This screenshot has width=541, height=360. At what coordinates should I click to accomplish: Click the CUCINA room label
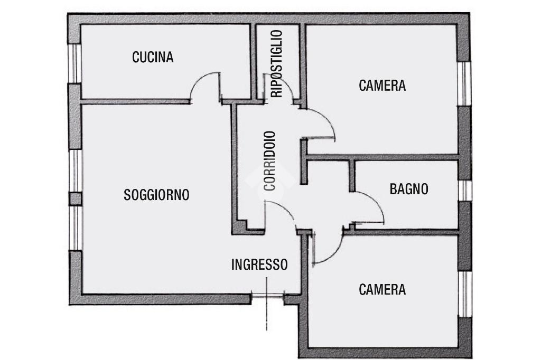153,57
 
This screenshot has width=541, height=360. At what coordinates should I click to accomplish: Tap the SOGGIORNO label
156,195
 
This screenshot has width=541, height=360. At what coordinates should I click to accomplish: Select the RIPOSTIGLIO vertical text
277,64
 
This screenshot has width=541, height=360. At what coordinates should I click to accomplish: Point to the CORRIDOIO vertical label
269,160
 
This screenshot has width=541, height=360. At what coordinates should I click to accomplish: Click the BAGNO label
409,189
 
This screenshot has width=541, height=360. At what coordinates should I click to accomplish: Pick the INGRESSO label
259,264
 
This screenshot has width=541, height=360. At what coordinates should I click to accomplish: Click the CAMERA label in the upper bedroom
382,86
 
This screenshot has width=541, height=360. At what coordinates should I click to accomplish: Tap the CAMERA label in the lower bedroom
382,290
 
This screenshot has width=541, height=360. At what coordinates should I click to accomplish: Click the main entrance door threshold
267,295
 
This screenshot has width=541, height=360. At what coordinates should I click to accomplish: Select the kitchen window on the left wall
74,63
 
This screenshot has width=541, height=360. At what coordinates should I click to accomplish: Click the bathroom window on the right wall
465,191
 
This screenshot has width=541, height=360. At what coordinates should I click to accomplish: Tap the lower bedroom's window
465,294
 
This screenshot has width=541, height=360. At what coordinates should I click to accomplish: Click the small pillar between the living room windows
75,199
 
